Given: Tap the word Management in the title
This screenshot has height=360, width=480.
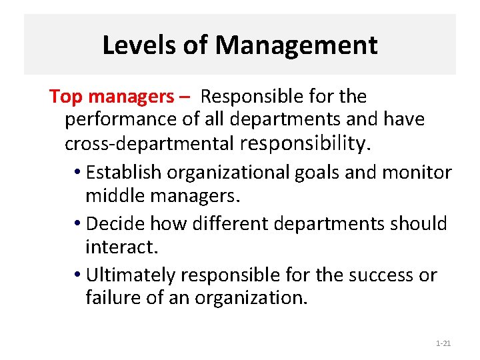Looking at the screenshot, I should click(296, 45).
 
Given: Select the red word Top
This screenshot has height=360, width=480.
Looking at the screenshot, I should click(65, 97).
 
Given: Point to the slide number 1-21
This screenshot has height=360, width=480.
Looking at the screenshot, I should click(443, 343).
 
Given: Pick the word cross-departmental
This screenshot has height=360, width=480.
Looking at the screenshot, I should click(149, 143).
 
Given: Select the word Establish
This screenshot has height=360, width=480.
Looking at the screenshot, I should click(124, 173).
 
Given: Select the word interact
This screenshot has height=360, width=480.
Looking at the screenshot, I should click(121, 247).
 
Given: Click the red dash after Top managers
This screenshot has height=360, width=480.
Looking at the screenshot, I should click(185, 97).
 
